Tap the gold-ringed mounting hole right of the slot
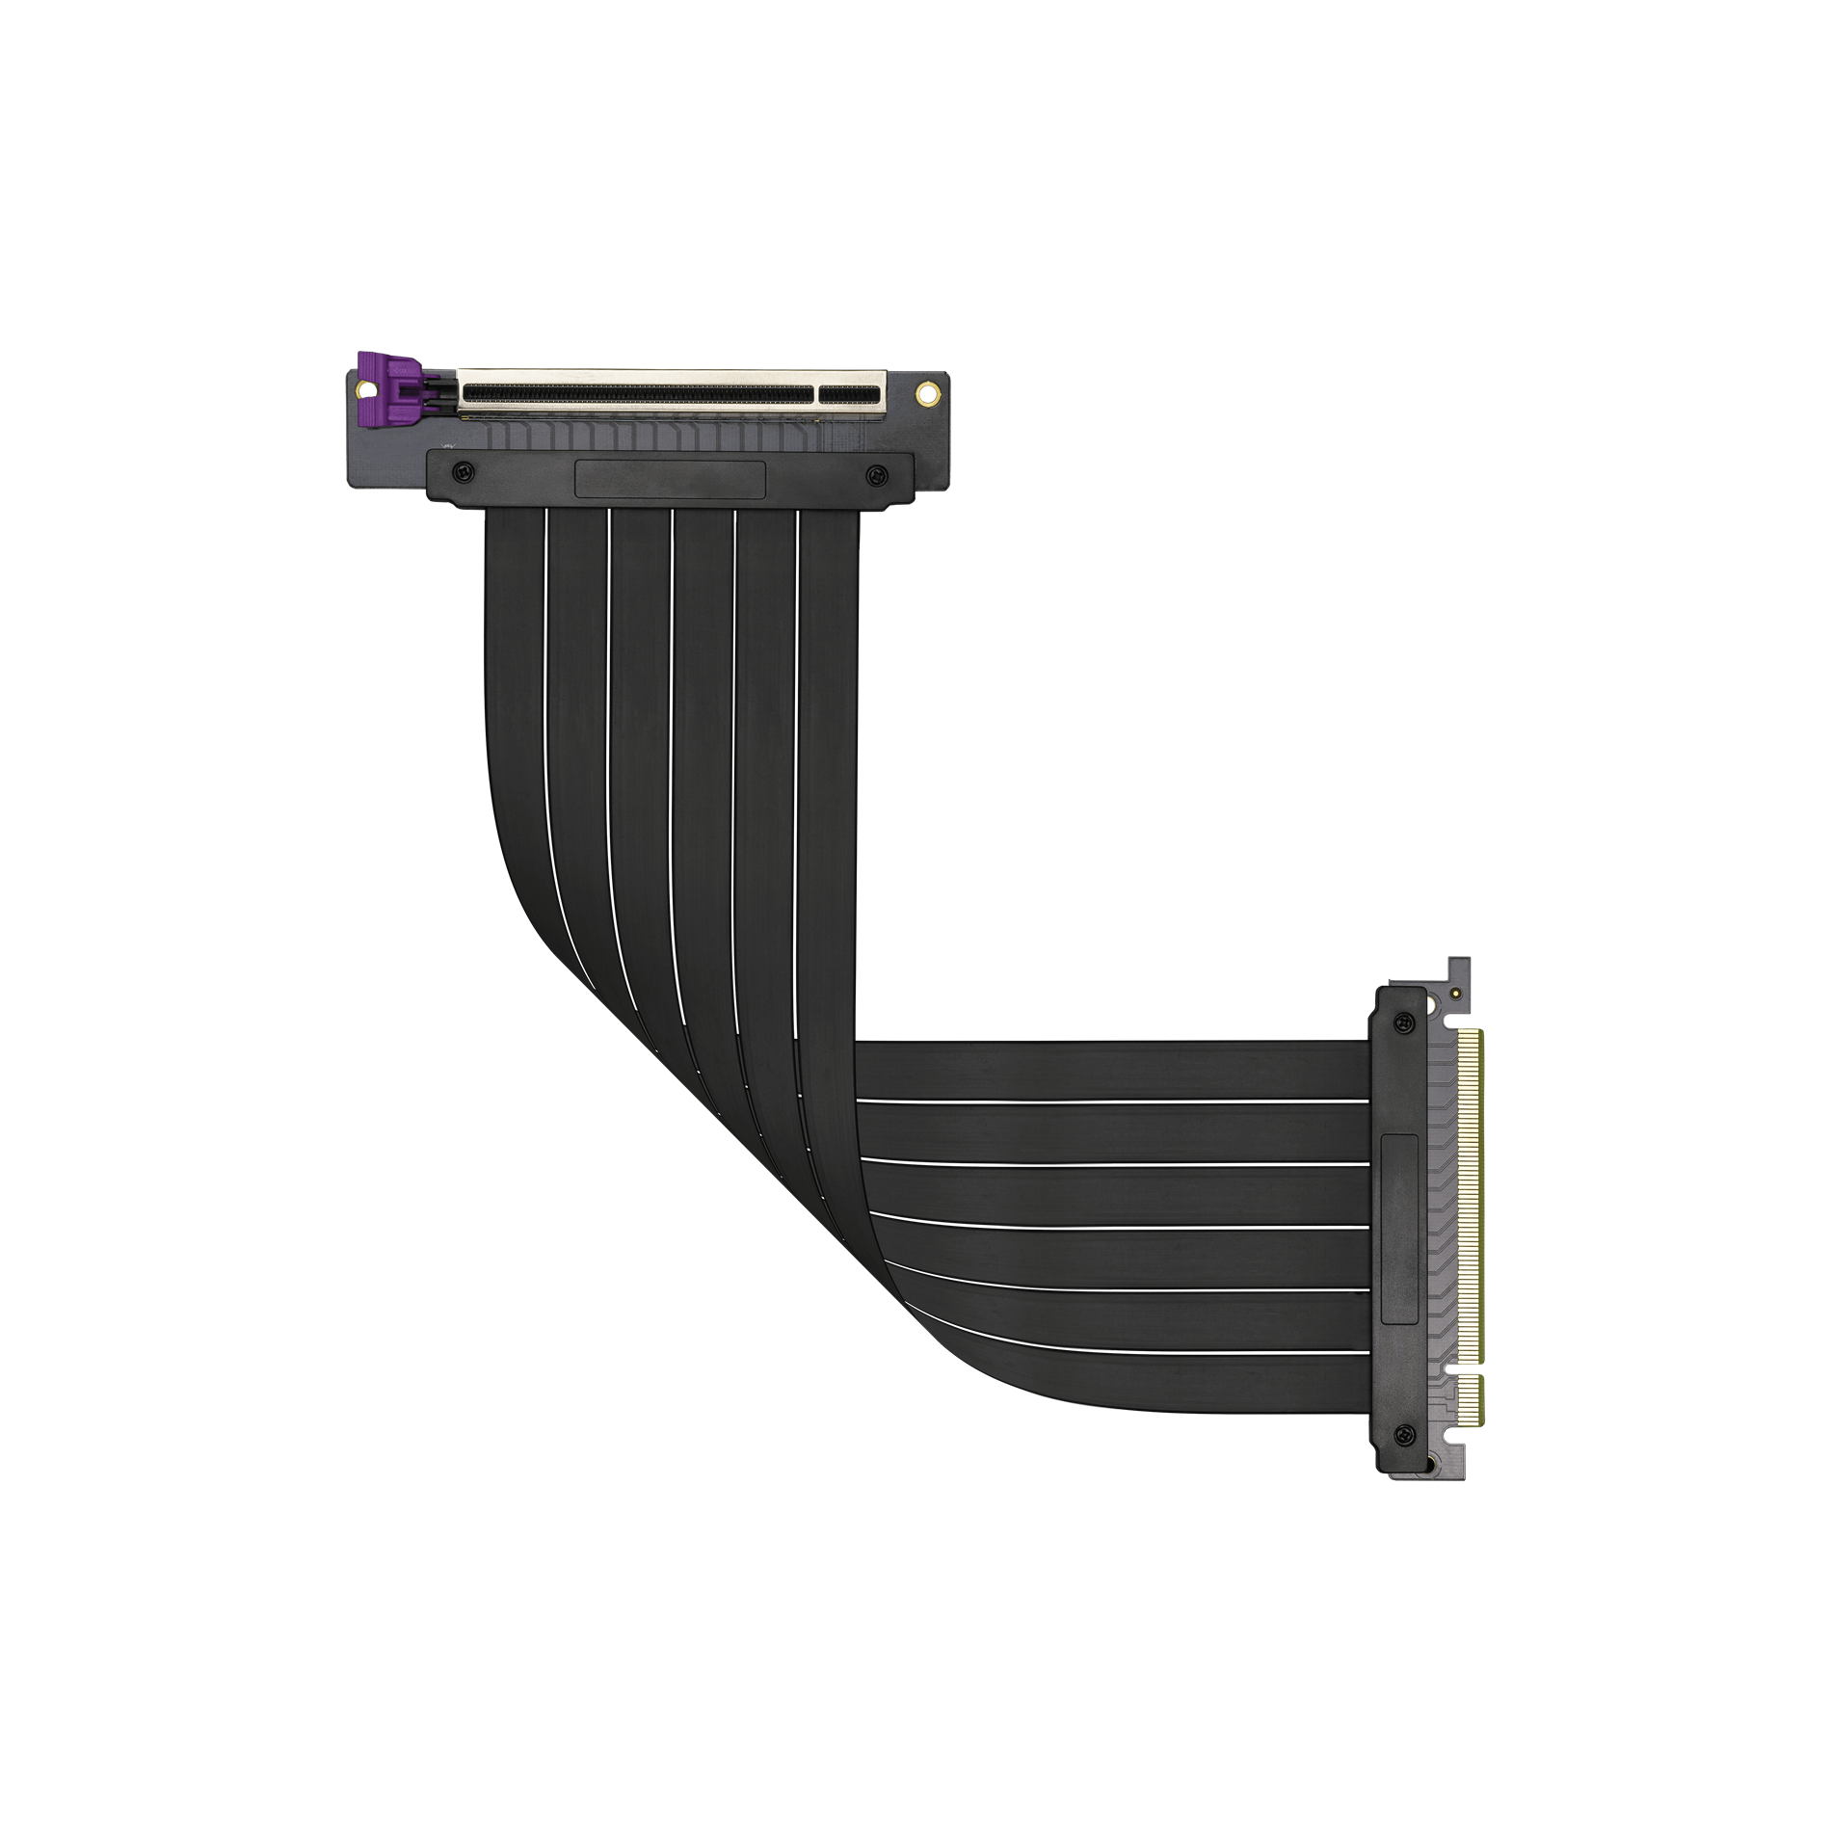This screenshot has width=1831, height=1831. pos(927,392)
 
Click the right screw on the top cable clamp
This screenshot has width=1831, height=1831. pos(875,472)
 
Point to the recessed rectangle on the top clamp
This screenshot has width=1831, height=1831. pos(670,478)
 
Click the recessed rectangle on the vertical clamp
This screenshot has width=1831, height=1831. pos(1399,1229)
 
